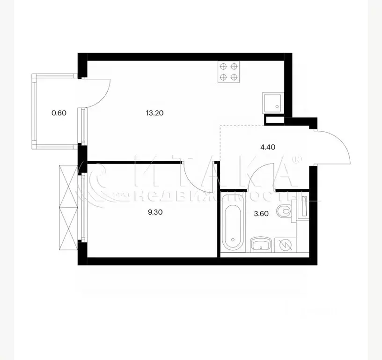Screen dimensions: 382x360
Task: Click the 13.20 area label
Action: (154, 113)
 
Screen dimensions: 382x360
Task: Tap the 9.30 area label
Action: (155, 212)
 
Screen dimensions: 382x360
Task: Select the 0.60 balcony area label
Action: (59, 113)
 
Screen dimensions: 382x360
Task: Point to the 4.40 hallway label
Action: (268, 147)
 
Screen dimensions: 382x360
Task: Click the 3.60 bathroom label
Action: (261, 214)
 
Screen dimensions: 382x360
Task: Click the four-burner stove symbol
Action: (228, 72)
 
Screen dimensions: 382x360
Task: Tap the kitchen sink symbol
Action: (273, 103)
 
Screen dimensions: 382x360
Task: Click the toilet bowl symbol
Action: (284, 211)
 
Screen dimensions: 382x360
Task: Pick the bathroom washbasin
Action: (261, 244)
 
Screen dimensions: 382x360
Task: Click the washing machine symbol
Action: (285, 245)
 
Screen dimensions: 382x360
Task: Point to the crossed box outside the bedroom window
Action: (68, 207)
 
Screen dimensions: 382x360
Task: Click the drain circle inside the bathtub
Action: (233, 240)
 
